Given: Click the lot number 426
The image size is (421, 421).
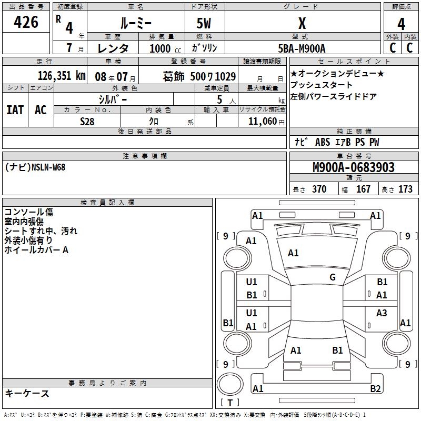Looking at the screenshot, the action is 27,22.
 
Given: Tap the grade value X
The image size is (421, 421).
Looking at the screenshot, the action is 302,23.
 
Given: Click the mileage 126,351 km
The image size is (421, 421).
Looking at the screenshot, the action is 62,75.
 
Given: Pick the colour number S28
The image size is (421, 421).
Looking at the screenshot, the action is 87,121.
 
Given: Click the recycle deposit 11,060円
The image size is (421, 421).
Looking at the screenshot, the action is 265,121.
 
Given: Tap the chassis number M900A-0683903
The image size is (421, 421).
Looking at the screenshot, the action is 353,167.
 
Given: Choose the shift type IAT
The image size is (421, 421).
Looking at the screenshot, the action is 15,109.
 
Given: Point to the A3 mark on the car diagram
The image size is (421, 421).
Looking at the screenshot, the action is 382,313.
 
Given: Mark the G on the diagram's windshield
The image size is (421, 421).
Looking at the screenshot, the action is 333,277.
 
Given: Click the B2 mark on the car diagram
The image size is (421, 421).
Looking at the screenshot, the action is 375,389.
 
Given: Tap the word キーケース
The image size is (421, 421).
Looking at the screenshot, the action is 27,393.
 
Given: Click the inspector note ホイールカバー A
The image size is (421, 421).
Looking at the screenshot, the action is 36,250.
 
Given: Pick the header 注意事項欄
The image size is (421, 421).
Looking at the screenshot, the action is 144,156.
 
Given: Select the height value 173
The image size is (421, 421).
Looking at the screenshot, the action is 406,189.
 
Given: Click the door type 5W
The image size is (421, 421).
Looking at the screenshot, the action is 204,23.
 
